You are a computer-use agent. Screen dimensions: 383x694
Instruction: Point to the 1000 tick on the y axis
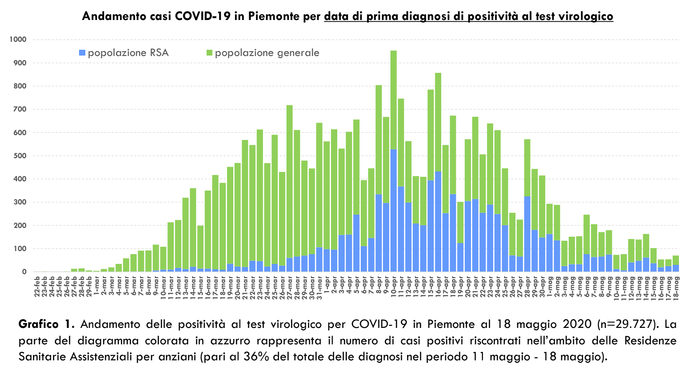click(x=18, y=40)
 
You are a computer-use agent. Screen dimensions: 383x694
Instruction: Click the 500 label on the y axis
click(x=20, y=156)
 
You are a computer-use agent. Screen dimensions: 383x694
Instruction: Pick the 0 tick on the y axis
click(x=24, y=272)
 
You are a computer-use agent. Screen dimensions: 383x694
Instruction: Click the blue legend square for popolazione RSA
click(x=82, y=53)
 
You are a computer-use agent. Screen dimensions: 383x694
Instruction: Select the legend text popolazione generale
click(x=267, y=53)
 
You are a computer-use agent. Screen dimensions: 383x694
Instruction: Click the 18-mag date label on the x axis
click(x=676, y=287)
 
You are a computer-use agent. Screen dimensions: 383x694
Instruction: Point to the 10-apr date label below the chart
click(x=394, y=287)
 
